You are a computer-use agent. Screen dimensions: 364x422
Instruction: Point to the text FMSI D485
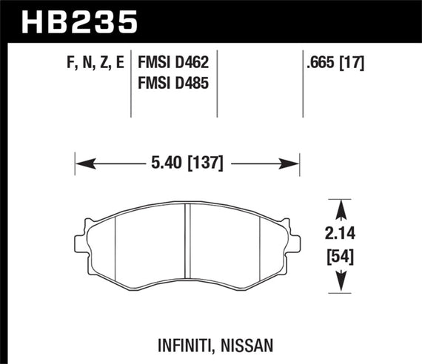(x=172, y=84)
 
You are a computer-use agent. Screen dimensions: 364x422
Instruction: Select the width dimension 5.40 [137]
(x=186, y=163)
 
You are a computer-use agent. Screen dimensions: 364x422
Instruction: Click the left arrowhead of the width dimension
(x=80, y=163)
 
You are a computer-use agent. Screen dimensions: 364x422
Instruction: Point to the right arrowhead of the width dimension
(x=293, y=163)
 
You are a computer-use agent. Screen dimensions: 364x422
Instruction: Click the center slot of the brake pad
(x=187, y=244)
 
